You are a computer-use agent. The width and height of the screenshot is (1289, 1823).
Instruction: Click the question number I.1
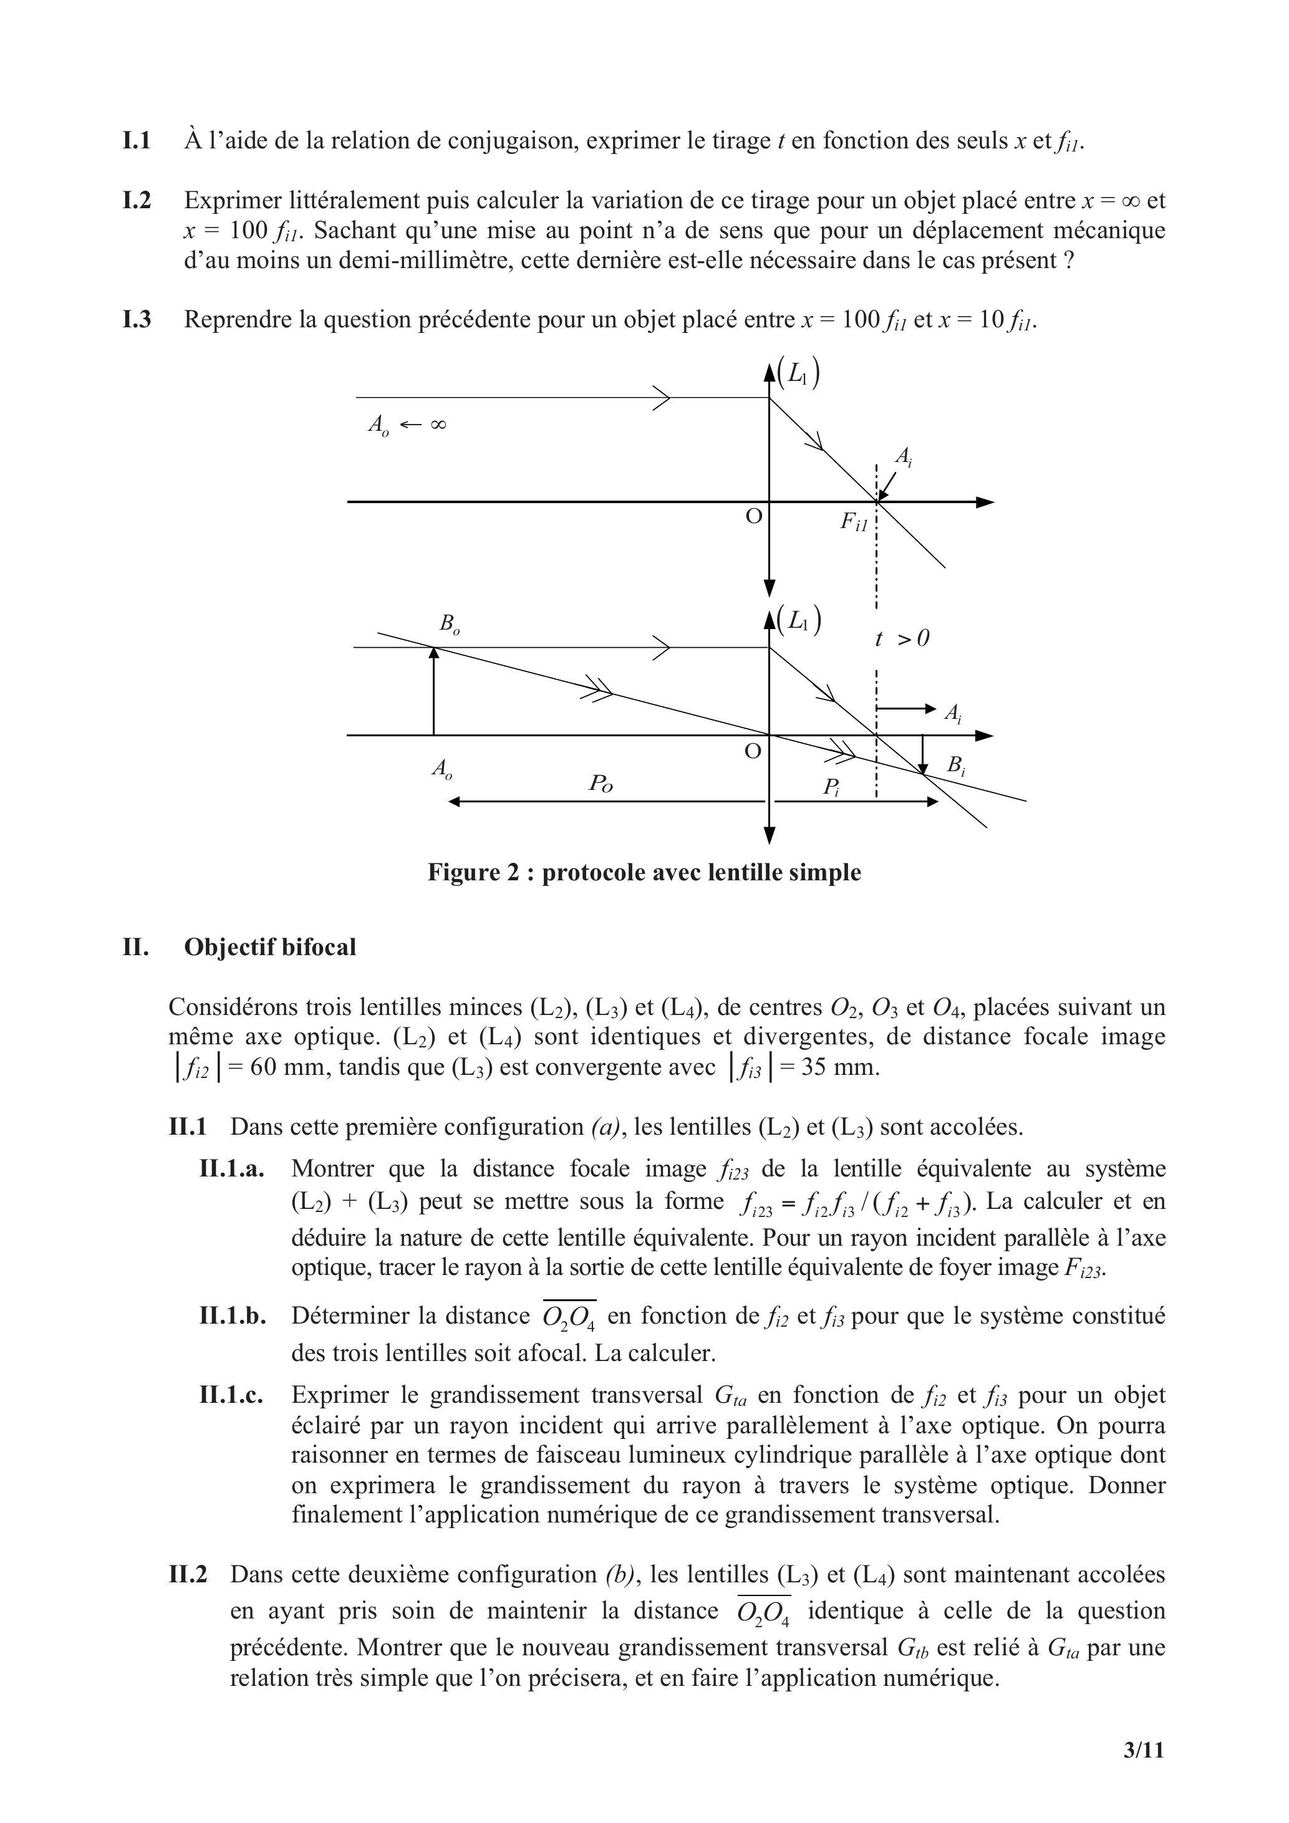(x=137, y=142)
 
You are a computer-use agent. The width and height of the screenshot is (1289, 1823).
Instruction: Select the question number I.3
(x=137, y=320)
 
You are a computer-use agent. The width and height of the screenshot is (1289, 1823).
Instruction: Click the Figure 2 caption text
(x=644, y=873)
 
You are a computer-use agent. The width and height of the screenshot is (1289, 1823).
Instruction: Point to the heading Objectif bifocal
(x=270, y=947)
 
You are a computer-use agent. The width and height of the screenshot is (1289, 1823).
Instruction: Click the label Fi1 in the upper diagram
(x=854, y=522)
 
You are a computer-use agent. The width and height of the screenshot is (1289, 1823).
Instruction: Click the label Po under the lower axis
(x=601, y=784)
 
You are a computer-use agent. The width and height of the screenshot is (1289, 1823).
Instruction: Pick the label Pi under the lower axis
(x=831, y=787)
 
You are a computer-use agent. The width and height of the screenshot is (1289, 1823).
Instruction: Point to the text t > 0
(x=902, y=638)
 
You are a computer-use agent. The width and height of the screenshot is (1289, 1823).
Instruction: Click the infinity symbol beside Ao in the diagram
(x=438, y=425)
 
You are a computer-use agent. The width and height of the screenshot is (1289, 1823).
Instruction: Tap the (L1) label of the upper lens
(x=799, y=373)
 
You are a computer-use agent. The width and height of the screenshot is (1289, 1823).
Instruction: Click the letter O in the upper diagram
(x=754, y=517)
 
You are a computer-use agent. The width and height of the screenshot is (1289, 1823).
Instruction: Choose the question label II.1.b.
(x=233, y=1316)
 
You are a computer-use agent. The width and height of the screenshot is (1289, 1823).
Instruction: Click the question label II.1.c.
(x=231, y=1395)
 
